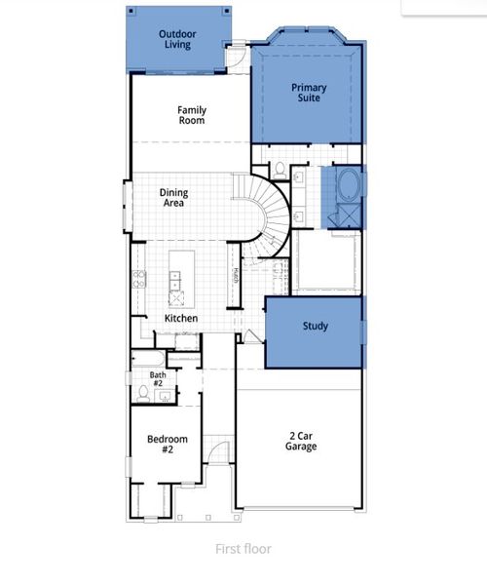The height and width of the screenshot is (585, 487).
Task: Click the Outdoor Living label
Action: point(177,40)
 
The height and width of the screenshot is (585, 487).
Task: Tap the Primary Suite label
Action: point(309,94)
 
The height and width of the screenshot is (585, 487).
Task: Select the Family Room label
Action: point(191,115)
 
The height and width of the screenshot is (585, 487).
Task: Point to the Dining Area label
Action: point(173,199)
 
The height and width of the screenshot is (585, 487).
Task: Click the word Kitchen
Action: point(181,319)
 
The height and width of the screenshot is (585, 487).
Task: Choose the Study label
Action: point(315,327)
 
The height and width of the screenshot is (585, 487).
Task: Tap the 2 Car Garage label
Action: point(301,442)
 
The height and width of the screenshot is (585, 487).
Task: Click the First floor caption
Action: point(243,549)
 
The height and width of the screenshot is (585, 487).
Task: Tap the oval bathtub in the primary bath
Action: point(346,184)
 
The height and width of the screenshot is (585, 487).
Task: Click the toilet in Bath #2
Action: point(144,393)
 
